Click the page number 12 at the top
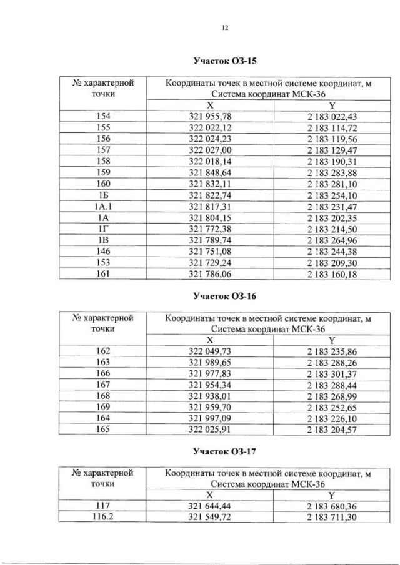[226, 27]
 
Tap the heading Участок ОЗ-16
[226, 295]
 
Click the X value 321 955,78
[211, 117]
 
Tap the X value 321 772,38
[211, 228]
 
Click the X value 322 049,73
[211, 351]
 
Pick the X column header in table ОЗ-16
[211, 340]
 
